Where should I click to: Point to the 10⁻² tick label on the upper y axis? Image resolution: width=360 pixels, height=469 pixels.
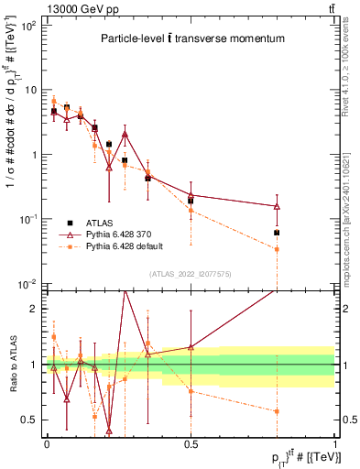click(28, 284)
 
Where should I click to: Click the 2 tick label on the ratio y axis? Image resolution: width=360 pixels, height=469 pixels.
click(34, 309)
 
